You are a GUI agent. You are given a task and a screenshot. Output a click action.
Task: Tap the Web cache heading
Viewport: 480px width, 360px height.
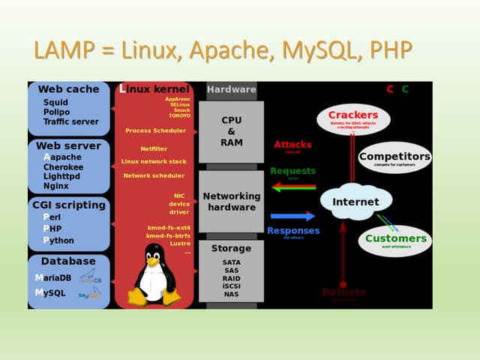coord(68,89)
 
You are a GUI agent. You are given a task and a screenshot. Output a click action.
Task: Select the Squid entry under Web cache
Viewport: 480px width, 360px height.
coord(55,103)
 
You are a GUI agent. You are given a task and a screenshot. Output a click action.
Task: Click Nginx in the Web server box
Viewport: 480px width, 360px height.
coord(55,185)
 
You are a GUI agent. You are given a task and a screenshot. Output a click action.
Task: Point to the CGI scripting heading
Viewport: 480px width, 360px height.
coord(69,205)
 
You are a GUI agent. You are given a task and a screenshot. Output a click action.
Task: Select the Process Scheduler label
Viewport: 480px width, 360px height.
coord(154,130)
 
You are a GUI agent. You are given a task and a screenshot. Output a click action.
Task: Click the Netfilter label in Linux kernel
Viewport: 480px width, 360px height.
coord(153,148)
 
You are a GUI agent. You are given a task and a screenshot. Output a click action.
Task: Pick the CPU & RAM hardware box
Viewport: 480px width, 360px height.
coord(231,131)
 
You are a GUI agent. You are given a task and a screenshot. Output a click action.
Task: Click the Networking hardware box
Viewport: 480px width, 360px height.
coord(232,201)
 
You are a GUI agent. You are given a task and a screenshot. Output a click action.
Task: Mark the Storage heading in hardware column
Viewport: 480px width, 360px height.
coord(231,248)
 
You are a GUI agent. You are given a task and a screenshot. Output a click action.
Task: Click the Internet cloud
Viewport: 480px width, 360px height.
coord(356,202)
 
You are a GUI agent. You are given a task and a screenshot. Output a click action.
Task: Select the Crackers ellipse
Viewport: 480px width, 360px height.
coord(353,118)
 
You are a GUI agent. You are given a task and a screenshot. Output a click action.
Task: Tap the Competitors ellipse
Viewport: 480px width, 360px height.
coord(394,158)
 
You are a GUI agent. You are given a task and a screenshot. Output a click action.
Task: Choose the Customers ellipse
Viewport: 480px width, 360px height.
coord(395,241)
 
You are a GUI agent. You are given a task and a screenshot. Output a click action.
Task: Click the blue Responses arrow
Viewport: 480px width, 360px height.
coord(292,217)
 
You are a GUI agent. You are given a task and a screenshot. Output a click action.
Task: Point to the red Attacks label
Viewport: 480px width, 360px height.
coord(292,145)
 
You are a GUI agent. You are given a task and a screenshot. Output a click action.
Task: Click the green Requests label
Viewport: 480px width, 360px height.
coord(292,171)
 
